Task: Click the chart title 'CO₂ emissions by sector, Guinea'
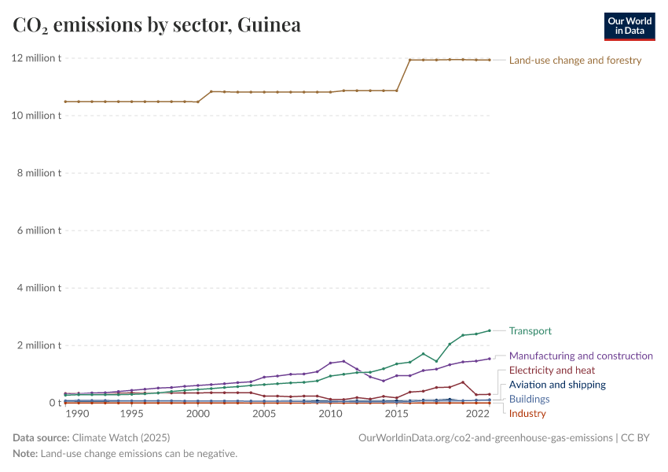point(156,25)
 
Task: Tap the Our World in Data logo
point(629,26)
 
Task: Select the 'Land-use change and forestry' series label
point(575,61)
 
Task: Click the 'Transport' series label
point(530,331)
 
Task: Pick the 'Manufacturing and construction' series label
point(581,356)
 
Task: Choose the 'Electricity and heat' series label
point(552,371)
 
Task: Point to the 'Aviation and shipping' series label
point(557,385)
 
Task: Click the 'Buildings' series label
point(529,400)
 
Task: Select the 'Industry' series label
point(527,414)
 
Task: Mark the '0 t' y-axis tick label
point(54,403)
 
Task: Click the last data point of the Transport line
point(490,330)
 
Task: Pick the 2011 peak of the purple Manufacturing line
point(343,361)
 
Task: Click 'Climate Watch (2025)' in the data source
point(120,437)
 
